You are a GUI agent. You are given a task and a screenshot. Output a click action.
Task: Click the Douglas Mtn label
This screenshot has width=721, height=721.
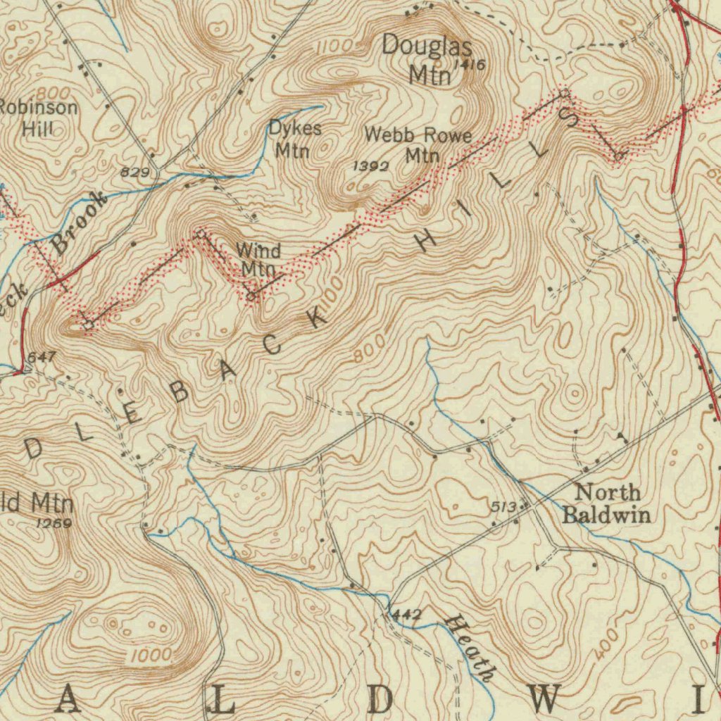(427, 60)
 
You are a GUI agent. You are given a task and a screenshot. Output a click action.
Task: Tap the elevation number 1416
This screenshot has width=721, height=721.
(470, 65)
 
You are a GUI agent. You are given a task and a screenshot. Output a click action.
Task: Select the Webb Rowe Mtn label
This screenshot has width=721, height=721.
(418, 145)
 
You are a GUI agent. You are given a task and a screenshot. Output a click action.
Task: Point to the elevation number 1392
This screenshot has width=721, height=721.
(370, 166)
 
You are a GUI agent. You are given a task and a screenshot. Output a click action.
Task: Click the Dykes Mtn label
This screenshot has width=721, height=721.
(295, 139)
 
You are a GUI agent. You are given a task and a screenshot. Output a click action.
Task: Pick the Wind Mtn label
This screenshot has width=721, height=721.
(258, 259)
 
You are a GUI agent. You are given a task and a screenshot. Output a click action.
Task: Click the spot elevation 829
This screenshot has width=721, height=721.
(134, 172)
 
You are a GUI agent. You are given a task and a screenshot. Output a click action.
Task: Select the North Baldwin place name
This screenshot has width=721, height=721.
(605, 503)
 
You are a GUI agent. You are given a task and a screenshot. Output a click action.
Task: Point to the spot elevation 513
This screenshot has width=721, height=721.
(504, 506)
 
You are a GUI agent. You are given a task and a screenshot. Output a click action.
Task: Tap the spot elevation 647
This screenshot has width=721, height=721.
(41, 358)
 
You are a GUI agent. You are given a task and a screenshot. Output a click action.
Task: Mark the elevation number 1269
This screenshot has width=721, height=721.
(54, 523)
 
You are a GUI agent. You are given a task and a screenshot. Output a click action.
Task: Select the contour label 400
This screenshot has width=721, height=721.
(606, 645)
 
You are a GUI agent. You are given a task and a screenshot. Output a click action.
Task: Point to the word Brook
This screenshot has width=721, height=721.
(81, 222)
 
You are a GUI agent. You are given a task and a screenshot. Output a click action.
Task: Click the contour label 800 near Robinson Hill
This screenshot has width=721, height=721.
(53, 94)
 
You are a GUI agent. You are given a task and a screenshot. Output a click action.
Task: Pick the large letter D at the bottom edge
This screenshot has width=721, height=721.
(380, 700)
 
